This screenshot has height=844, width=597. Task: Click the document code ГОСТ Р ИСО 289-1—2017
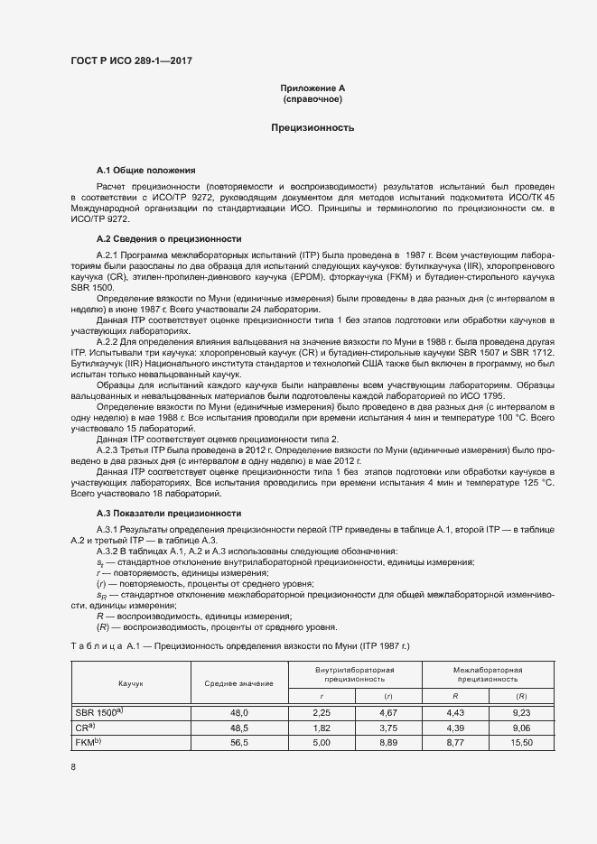coord(131,61)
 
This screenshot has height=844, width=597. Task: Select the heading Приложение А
coord(312,88)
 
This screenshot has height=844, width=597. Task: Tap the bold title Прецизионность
coord(312,128)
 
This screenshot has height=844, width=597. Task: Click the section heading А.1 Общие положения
coord(145,170)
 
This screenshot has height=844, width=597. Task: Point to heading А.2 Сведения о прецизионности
coord(168,238)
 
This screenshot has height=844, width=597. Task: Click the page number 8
coord(73,767)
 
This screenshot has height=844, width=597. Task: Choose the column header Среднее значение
coord(238,684)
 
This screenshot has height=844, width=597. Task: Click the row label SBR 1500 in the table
coord(98,712)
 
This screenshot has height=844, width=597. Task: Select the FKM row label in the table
coord(90,741)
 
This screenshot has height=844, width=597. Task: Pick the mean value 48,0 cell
coord(238,713)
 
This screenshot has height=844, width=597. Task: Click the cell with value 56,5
coord(238,742)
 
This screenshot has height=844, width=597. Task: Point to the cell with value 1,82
coord(321,728)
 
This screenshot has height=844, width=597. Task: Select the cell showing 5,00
coord(321,742)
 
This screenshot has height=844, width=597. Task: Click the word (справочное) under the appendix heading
coord(312,98)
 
